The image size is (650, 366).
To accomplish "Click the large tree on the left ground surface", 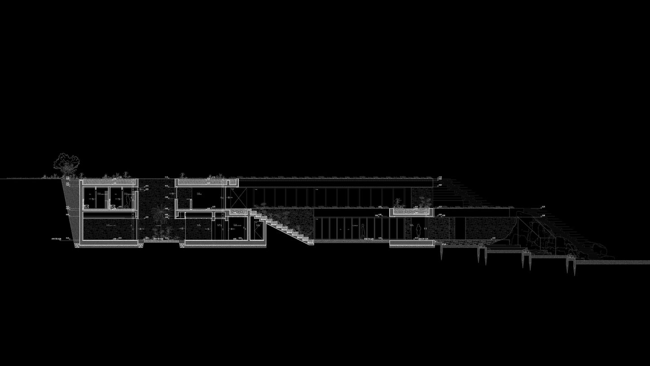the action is coord(66,163).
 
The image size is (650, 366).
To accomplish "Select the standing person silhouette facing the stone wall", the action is coord(418,231).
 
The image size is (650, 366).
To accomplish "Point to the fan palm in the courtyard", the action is coord(159,213).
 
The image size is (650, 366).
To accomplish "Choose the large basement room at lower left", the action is coord(109,229).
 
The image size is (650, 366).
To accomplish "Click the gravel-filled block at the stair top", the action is coord(238,212).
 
